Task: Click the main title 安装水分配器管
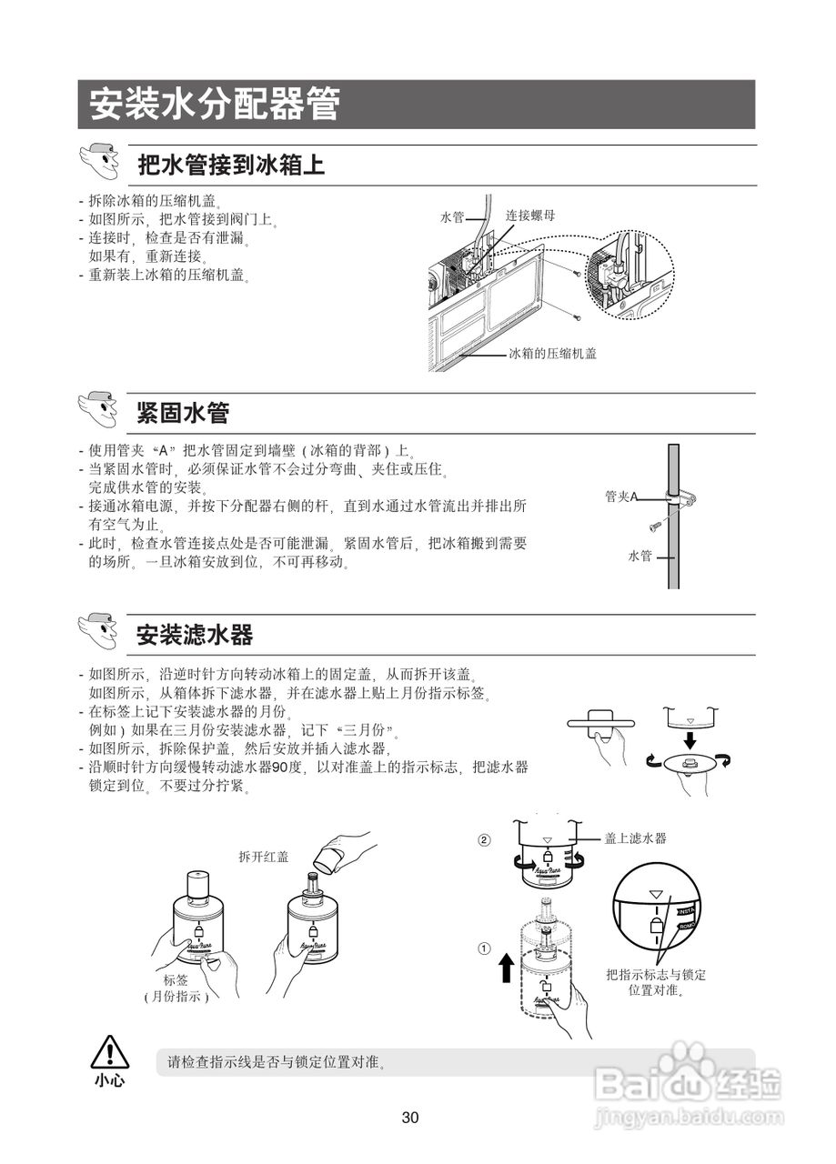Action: (215, 105)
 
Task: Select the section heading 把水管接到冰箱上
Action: (231, 166)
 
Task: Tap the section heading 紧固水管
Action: (183, 413)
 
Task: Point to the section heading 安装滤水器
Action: (195, 634)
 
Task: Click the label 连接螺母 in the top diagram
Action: (530, 216)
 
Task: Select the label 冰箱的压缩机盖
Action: (552, 354)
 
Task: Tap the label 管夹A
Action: (621, 497)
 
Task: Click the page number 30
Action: (410, 1118)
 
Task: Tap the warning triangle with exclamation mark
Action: (109, 1052)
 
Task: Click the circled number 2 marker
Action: (485, 839)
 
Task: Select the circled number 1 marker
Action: (485, 948)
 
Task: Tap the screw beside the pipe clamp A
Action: (655, 525)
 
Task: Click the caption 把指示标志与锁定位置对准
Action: (656, 982)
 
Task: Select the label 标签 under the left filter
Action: (176, 980)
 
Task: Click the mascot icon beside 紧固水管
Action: (99, 410)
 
